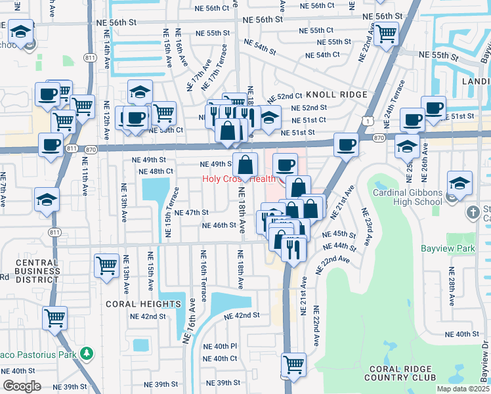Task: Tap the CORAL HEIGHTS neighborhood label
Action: tap(143, 304)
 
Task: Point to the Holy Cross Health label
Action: tap(238, 179)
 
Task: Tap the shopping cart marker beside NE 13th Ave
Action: tap(106, 266)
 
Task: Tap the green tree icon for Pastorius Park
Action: tap(87, 355)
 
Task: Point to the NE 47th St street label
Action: tap(191, 213)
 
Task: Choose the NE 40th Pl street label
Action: tap(220, 346)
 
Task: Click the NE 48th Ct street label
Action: tap(156, 171)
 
